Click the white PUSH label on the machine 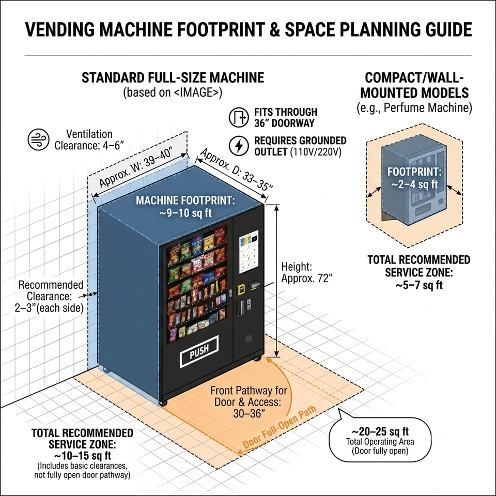(x=199, y=351)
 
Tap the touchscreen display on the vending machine (x=249, y=252)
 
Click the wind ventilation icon (x=38, y=139)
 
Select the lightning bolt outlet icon (x=239, y=146)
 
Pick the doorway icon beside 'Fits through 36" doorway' (x=239, y=117)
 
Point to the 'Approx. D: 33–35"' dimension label (x=236, y=169)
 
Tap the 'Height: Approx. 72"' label (x=306, y=272)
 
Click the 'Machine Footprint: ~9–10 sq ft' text (x=185, y=206)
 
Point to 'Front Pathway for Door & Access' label (x=249, y=402)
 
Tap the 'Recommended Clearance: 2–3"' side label (x=50, y=297)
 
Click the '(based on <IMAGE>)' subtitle (x=173, y=92)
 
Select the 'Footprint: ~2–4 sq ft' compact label (x=414, y=178)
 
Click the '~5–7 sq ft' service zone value (x=419, y=285)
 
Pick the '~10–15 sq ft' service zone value (x=83, y=456)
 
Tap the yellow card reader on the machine (x=242, y=289)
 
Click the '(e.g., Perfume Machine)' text (x=414, y=108)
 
